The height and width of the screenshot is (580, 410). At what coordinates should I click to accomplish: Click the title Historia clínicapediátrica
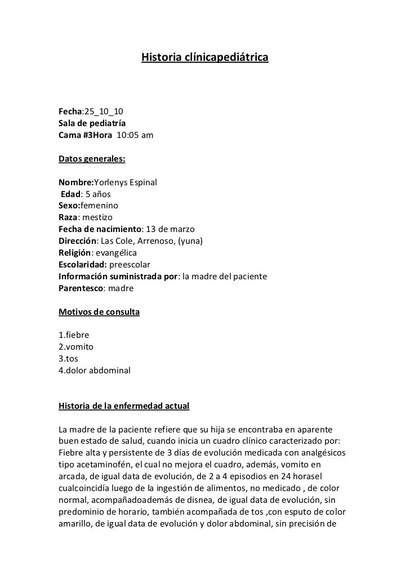click(204, 58)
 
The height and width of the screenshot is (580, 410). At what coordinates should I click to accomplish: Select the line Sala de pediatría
click(92, 123)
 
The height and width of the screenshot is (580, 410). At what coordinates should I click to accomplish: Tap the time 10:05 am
click(135, 135)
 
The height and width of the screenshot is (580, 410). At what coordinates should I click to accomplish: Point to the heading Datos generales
click(92, 159)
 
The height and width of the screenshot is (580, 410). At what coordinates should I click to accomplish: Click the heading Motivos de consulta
click(99, 311)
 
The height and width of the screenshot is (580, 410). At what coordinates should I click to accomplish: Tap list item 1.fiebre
click(74, 335)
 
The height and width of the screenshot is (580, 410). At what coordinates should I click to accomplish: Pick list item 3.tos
click(69, 359)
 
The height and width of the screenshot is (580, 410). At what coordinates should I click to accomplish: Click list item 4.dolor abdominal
click(95, 371)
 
